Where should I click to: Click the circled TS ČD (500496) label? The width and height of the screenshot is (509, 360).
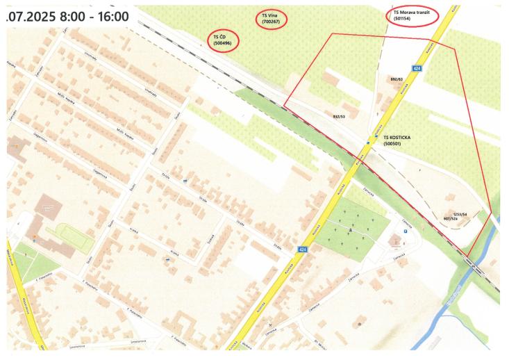[223, 40]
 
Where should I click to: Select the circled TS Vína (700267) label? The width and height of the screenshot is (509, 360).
[276, 19]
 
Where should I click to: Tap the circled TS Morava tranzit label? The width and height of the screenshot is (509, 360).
[412, 15]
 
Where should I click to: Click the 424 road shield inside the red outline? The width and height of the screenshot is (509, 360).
[416, 68]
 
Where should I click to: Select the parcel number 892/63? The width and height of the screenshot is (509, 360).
[397, 79]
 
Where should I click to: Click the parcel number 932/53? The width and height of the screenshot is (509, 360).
[340, 117]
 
